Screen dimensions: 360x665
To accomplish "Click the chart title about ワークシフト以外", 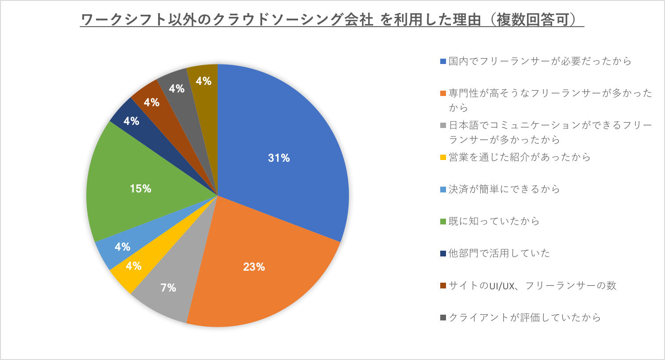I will (332, 20).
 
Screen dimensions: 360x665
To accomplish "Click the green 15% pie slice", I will (133, 196).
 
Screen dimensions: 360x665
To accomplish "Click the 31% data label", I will (279, 158).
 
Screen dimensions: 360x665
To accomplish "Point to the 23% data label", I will (254, 267).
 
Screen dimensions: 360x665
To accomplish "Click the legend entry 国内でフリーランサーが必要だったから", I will (540, 61).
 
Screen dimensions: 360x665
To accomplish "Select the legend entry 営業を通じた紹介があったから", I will (520, 157).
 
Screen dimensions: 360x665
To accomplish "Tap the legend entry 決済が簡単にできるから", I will (504, 189).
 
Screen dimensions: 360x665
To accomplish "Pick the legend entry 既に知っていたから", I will (494, 221).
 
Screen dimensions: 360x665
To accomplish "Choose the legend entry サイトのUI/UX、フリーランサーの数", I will (532, 285).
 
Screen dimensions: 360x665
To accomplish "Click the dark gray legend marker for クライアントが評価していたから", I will (443, 318).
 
